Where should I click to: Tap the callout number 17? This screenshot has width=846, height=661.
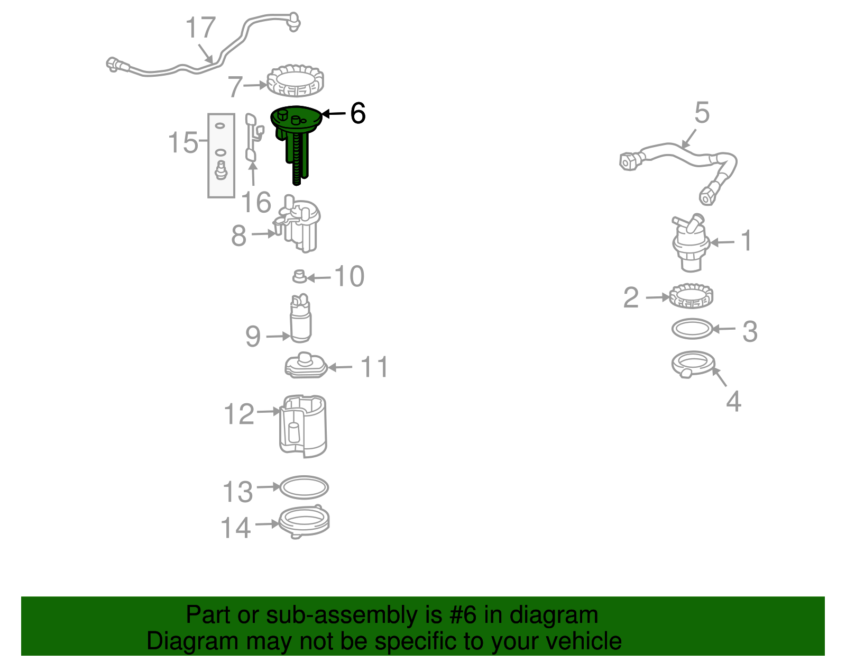click(x=200, y=28)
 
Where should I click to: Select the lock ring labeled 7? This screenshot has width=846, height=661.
click(x=295, y=81)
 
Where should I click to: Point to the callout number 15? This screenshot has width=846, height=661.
click(x=182, y=142)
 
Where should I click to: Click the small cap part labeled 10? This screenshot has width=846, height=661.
click(x=299, y=276)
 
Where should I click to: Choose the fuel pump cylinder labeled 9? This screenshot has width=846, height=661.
click(x=300, y=318)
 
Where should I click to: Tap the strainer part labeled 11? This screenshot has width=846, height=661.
click(x=306, y=365)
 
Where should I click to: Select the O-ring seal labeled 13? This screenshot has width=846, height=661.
click(x=304, y=487)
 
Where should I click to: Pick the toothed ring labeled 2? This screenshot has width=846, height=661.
click(x=691, y=296)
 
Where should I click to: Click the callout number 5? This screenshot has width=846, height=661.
click(x=702, y=113)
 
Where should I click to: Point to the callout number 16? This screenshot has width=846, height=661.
click(x=256, y=202)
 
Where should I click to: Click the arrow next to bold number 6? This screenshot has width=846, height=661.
click(x=334, y=114)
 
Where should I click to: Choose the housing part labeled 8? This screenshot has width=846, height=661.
click(x=298, y=224)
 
